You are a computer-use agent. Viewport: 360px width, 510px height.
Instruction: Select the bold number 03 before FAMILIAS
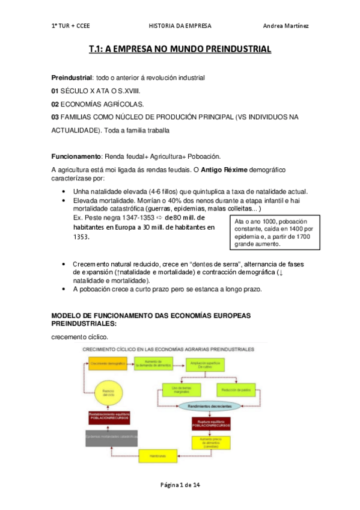pyautogui.click(x=55, y=117)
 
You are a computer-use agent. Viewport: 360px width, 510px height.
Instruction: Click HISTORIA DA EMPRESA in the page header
pyautogui.click(x=179, y=26)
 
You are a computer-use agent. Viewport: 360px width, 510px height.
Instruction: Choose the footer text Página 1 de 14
pyautogui.click(x=179, y=486)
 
